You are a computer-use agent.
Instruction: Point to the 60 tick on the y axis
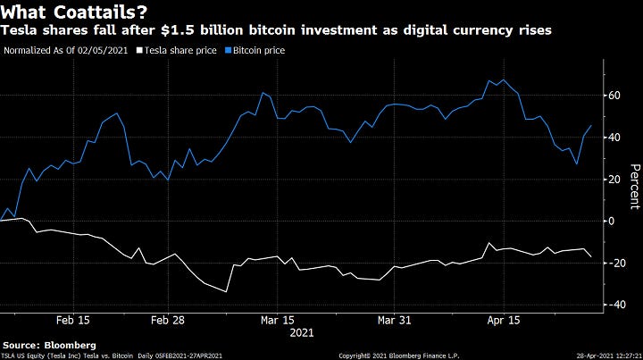614,95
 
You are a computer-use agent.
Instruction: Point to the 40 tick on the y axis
614,137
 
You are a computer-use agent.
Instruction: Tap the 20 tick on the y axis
614,179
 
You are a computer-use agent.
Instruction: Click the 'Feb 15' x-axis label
72,320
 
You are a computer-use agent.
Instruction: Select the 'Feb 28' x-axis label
169,320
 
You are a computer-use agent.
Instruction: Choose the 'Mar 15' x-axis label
277,320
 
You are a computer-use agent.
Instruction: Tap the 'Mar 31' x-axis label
394,320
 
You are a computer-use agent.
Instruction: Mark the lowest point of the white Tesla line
226,291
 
